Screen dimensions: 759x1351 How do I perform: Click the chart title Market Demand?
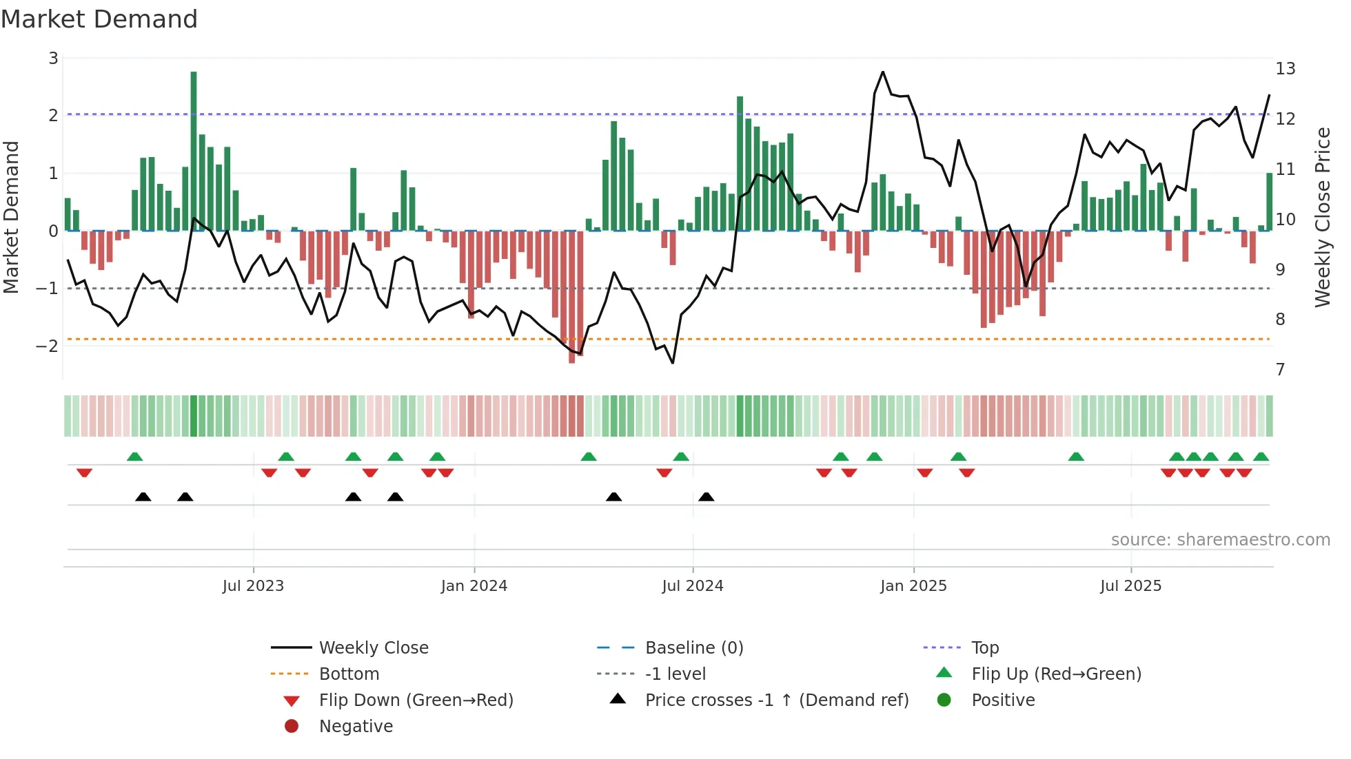(99, 19)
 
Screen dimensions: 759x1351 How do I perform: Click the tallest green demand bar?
(194, 152)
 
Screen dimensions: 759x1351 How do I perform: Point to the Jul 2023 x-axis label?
(253, 586)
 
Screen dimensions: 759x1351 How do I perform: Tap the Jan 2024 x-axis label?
(474, 586)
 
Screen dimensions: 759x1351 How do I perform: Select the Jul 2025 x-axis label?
(1131, 586)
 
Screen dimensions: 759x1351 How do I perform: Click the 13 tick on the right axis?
(1286, 69)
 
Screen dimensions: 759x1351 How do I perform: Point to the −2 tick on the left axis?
(47, 346)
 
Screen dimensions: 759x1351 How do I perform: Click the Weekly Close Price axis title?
(1323, 217)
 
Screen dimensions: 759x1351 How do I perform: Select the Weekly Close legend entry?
(373, 648)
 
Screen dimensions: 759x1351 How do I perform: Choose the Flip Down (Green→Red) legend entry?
(416, 700)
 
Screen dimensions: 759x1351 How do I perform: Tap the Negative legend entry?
(356, 727)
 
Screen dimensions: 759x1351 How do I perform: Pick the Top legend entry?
(985, 648)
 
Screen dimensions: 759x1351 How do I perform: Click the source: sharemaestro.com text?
(1220, 540)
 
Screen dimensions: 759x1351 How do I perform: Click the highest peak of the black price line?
(883, 72)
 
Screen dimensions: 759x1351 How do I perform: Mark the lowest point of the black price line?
(673, 363)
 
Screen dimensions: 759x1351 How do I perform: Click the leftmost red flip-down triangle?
(85, 472)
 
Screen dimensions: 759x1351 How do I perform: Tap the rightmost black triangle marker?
(707, 497)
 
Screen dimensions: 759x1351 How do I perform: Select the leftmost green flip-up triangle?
(135, 457)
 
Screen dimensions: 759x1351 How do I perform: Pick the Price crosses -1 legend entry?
(776, 700)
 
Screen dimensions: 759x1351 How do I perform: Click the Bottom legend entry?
(349, 674)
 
